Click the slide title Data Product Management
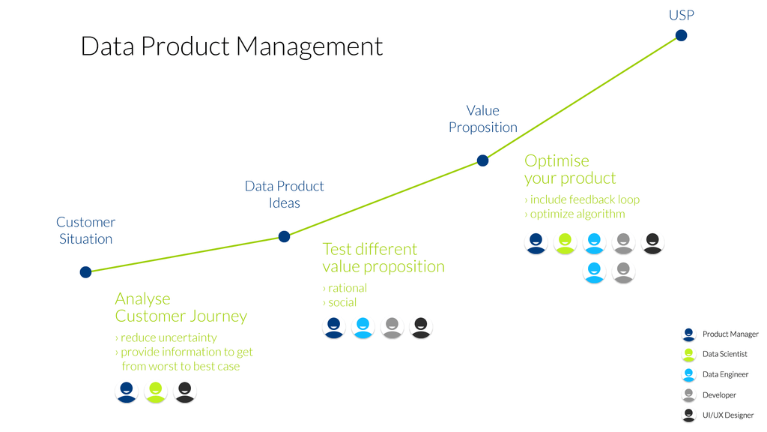(231, 46)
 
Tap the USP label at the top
(681, 15)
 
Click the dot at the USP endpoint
(681, 35)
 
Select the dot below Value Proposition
(482, 160)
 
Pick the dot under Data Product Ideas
(284, 237)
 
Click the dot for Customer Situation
(85, 272)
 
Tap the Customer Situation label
(85, 230)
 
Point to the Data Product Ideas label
(285, 194)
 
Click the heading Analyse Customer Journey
(181, 307)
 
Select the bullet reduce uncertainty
(166, 337)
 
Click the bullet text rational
(345, 288)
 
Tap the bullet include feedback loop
(582, 199)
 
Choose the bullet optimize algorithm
(575, 214)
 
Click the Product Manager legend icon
(688, 334)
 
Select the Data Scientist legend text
(724, 354)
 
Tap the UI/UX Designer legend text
(727, 415)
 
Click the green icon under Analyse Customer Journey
(156, 391)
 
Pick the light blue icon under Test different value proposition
(363, 327)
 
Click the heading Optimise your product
(570, 169)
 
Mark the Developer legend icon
(688, 394)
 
